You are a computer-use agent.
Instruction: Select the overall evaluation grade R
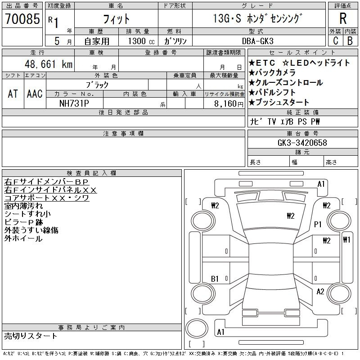tap(343, 19)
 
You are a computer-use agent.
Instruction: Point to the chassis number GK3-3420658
tap(302, 143)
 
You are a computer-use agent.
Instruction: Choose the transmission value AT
tap(13, 94)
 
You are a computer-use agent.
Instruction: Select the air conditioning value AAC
tap(35, 94)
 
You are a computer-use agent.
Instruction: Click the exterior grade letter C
tap(335, 41)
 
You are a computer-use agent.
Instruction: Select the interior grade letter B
tap(350, 41)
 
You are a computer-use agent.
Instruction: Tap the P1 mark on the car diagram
tap(318, 224)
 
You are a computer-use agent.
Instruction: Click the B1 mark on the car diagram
tap(215, 279)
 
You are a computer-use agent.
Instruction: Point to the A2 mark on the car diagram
tap(320, 292)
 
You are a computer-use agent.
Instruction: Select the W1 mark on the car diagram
tap(346, 239)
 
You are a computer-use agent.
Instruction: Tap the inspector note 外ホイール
tap(23, 238)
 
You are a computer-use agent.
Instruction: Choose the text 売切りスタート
tap(31, 336)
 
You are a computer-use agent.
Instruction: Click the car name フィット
tap(116, 19)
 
